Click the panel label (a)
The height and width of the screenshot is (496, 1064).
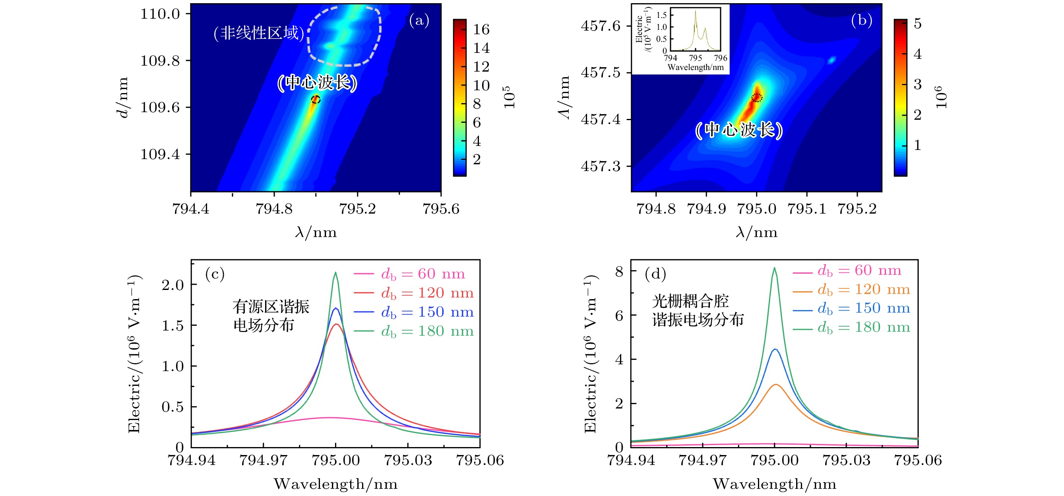click(x=419, y=20)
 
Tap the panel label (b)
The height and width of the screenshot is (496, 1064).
click(x=861, y=20)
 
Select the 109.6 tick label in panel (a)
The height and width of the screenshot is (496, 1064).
click(x=160, y=107)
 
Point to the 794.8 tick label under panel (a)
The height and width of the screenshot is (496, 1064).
click(x=274, y=209)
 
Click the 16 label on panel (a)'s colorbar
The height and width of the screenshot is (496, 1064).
click(x=481, y=30)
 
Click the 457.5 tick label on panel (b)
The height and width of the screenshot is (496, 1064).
click(x=601, y=73)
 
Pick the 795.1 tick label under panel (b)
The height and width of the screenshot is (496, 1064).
click(x=807, y=209)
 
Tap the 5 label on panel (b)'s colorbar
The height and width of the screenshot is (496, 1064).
click(x=917, y=23)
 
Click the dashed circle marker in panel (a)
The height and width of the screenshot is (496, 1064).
click(x=316, y=99)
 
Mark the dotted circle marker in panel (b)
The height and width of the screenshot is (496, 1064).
click(x=757, y=97)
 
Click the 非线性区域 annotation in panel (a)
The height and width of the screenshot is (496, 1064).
click(x=259, y=33)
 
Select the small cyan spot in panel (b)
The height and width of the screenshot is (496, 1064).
click(x=831, y=60)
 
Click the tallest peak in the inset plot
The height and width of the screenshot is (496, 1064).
click(x=695, y=12)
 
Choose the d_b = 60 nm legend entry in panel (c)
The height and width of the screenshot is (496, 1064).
click(x=413, y=274)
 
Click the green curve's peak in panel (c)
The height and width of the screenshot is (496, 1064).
click(x=335, y=272)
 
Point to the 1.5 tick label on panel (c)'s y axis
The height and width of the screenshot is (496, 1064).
click(x=172, y=326)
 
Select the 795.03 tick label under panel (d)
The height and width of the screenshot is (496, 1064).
click(x=846, y=461)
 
